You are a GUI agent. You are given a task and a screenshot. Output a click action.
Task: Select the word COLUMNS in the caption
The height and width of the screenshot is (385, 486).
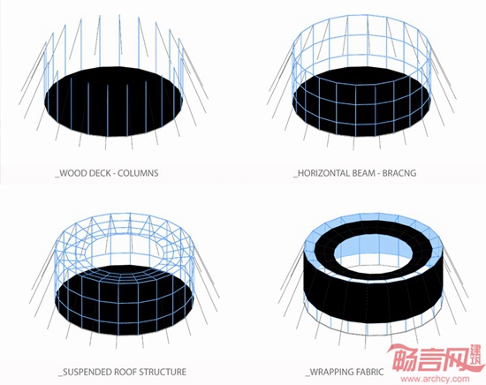point(138,173)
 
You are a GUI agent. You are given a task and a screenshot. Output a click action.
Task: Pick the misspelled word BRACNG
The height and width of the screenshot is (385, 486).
point(399,173)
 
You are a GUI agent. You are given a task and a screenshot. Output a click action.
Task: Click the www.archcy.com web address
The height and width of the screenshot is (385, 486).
point(435,379)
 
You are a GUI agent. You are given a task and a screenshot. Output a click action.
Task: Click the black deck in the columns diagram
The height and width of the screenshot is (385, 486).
point(113,102)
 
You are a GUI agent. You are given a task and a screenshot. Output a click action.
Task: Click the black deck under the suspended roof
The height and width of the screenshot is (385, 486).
point(125,300)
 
